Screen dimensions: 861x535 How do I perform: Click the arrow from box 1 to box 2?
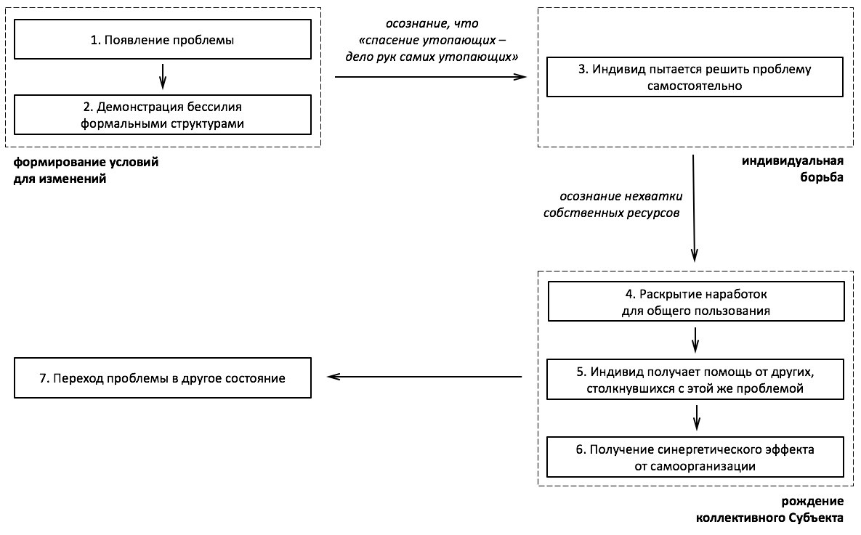click(x=163, y=76)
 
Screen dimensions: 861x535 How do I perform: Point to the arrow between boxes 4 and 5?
click(x=695, y=340)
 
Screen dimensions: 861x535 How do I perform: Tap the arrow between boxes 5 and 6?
click(x=696, y=417)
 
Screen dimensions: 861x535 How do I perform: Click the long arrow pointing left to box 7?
click(x=424, y=377)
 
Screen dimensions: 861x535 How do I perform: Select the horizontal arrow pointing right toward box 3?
click(x=430, y=77)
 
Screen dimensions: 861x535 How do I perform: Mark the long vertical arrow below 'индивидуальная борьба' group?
click(x=693, y=208)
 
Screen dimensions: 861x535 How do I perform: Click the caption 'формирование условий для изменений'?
click(x=86, y=170)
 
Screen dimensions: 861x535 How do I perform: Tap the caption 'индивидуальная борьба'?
click(x=793, y=169)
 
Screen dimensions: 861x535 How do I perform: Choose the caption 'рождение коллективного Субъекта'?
click(x=770, y=509)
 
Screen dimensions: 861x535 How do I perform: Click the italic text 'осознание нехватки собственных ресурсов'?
click(x=613, y=204)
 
